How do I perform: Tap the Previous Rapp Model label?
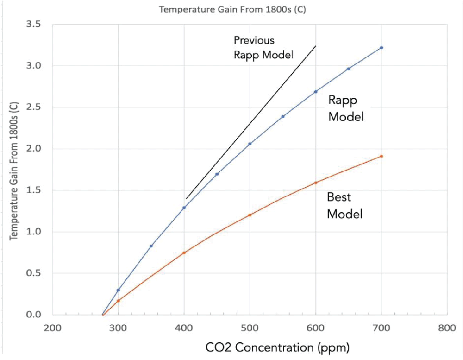pos(263,47)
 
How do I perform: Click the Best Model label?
pos(344,206)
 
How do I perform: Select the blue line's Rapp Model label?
pos(345,108)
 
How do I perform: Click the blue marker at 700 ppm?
pos(382,48)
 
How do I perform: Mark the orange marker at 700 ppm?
pos(382,156)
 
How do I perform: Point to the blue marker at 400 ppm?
pos(184,208)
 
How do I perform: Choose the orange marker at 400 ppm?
pos(184,253)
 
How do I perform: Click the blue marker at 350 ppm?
pos(151,246)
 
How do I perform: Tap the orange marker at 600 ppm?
pos(316,183)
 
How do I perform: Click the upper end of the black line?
pos(316,46)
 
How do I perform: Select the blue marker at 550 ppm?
pos(283,116)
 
